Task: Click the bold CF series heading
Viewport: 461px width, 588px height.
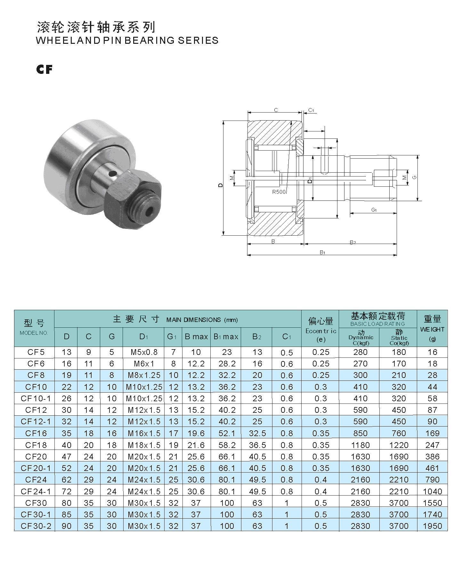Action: point(44,69)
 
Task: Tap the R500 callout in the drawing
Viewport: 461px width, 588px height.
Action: point(279,192)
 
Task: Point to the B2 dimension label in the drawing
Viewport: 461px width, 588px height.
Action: point(352,242)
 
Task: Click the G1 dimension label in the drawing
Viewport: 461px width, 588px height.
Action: point(374,210)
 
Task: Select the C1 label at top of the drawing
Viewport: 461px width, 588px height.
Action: point(311,110)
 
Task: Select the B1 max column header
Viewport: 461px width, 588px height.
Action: point(226,336)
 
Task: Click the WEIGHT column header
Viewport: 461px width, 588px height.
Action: point(432,329)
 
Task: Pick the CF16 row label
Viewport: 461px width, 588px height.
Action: point(36,433)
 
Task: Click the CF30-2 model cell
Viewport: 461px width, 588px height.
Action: point(36,526)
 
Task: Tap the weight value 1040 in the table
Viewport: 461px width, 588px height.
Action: point(432,491)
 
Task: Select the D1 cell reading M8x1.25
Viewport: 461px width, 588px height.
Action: point(144,375)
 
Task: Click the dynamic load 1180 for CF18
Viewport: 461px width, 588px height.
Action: point(360,445)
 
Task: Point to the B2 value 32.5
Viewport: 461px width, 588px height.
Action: point(257,433)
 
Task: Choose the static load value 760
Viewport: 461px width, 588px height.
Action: point(399,433)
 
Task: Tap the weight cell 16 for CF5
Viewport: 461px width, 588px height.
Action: point(432,352)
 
